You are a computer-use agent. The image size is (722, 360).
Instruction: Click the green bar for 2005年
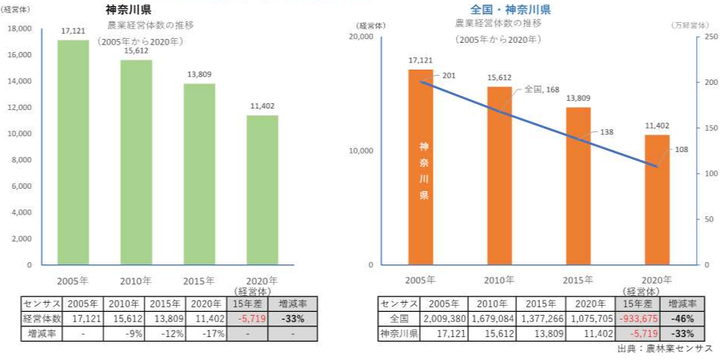click(73, 153)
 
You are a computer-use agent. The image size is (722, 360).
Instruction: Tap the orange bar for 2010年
click(499, 175)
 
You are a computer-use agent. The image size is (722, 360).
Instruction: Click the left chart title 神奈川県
click(128, 10)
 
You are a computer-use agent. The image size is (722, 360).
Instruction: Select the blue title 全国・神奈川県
click(511, 10)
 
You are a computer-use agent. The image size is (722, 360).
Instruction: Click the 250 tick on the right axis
click(711, 37)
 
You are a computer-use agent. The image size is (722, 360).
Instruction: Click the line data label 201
click(449, 76)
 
